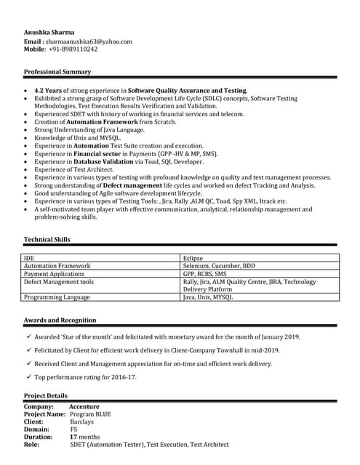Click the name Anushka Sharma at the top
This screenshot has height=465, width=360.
(49, 33)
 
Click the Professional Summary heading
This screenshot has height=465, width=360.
(57, 72)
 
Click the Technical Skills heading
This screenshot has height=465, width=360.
(47, 239)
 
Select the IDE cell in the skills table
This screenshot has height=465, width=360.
(29, 258)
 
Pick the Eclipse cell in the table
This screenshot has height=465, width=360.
(193, 258)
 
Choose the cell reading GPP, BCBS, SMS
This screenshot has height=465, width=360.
(205, 274)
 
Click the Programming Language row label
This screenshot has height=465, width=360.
(57, 297)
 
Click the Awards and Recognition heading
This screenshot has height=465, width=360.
(60, 320)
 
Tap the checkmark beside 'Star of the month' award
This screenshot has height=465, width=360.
(28, 336)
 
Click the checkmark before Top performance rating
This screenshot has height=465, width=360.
(28, 377)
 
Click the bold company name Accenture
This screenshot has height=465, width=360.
(84, 407)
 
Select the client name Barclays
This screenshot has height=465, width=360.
(82, 421)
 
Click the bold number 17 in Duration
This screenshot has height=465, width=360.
(73, 437)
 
